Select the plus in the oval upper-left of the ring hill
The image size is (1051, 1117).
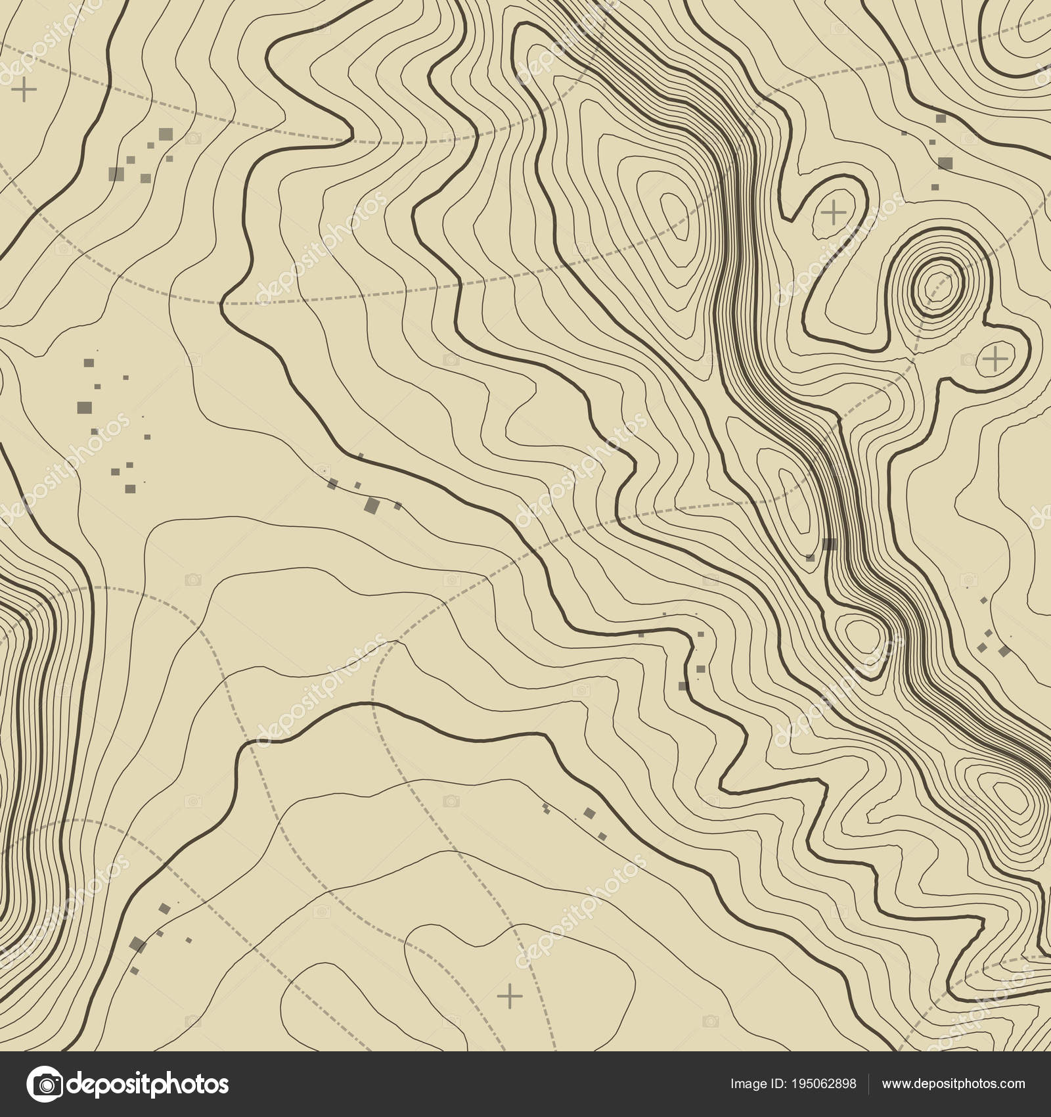tap(834, 213)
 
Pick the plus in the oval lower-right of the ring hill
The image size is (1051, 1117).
tap(996, 359)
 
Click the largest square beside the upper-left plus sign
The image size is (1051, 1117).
tap(166, 134)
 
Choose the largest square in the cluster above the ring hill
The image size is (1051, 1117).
tap(945, 162)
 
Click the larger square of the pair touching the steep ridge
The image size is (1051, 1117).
tap(830, 543)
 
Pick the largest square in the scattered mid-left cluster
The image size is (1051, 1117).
tap(84, 407)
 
